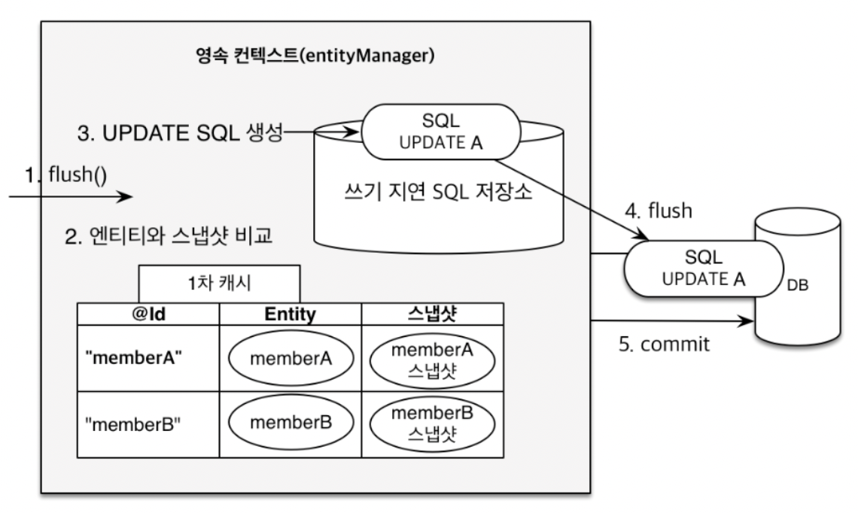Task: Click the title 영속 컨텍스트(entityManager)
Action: click(x=315, y=55)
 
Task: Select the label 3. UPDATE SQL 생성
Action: click(x=181, y=133)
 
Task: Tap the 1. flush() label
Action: click(x=66, y=175)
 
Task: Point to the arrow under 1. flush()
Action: click(x=71, y=196)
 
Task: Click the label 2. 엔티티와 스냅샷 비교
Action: click(x=169, y=235)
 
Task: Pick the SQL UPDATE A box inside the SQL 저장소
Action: click(x=440, y=132)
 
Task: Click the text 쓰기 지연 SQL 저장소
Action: click(x=438, y=191)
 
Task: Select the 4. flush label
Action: click(x=659, y=211)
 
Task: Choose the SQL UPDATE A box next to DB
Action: click(x=704, y=269)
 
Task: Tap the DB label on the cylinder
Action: click(x=797, y=285)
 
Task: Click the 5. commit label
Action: click(x=665, y=344)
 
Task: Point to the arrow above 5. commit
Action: click(x=673, y=321)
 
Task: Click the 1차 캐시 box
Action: click(x=220, y=284)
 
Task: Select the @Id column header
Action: click(x=148, y=314)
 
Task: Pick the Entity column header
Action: click(x=290, y=314)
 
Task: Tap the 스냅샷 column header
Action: click(x=432, y=314)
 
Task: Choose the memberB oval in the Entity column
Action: click(x=291, y=422)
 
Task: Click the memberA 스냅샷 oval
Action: click(x=432, y=360)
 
